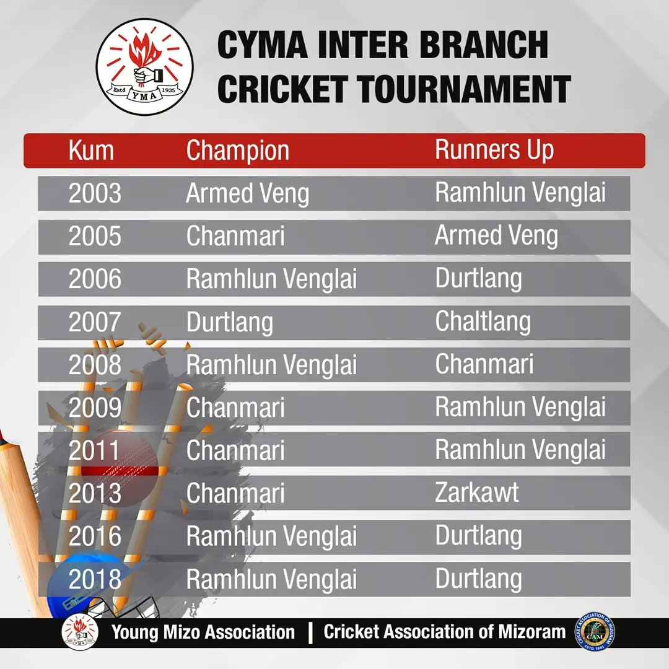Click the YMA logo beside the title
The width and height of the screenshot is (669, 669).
pos(144,67)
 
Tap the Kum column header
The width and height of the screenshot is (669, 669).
pos(91,151)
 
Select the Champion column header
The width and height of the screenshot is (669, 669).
pos(237,151)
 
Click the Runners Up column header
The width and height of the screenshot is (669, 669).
pos(494,150)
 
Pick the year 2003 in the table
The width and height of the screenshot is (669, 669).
pos(95,194)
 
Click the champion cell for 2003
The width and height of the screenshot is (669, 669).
pos(247,194)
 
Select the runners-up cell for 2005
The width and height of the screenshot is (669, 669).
pos(496,236)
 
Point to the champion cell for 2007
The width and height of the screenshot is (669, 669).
pos(229,322)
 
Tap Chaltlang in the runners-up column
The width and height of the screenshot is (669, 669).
pos(483,321)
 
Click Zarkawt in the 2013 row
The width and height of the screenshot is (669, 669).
pos(477,493)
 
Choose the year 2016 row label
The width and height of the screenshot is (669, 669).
pos(95,536)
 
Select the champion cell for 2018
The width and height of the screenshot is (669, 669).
pos(271,580)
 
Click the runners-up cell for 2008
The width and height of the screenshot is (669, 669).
pos(484,364)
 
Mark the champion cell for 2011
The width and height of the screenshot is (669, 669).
pos(235,450)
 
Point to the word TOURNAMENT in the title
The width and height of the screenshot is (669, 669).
pos(463,89)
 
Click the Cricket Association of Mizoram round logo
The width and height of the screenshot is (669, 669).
pos(593,631)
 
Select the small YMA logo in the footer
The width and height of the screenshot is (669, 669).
pos(80,632)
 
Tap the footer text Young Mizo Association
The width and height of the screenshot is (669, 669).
pos(203,632)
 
